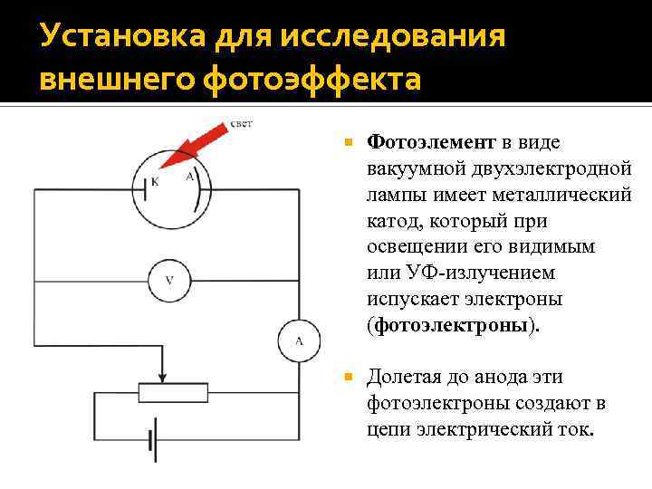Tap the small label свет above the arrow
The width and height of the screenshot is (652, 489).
click(242, 123)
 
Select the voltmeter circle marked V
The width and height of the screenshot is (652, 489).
click(169, 280)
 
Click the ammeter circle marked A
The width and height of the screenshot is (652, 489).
click(298, 340)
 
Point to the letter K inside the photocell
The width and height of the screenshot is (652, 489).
click(154, 181)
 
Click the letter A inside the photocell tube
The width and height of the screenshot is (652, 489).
click(189, 177)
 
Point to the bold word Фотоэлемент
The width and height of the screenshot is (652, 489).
click(431, 142)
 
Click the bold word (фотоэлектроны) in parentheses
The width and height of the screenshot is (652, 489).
click(452, 325)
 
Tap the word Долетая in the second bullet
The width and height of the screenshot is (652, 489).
click(407, 377)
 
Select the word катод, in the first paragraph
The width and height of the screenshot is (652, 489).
click(395, 220)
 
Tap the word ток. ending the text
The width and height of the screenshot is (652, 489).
click(574, 429)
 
